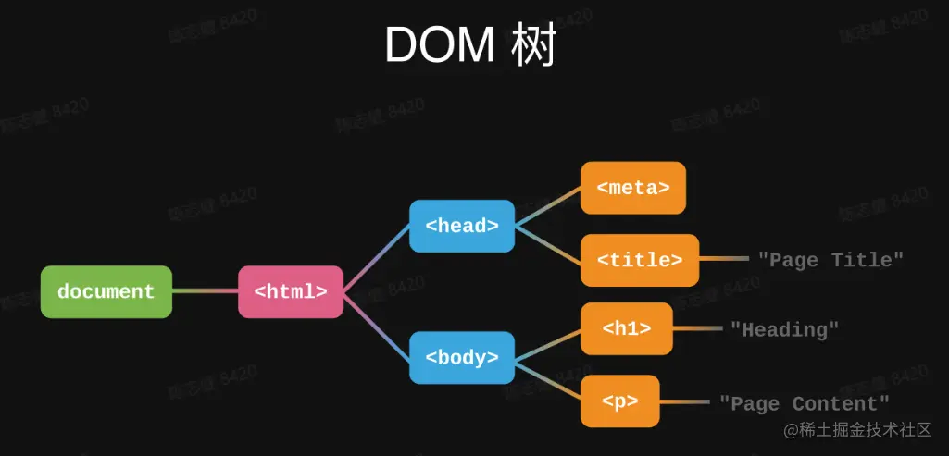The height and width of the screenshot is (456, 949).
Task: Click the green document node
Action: point(106,291)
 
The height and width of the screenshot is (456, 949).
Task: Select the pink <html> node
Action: point(291,291)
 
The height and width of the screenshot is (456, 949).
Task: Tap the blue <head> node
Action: point(462,226)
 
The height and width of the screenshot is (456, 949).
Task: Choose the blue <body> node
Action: point(462,357)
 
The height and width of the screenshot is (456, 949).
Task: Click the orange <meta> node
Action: point(633,188)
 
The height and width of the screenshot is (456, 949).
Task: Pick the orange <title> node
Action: point(640,260)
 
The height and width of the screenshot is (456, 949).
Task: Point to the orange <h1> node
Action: point(627,328)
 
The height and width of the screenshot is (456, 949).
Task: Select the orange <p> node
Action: point(620,401)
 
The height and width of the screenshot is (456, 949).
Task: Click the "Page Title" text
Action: point(830,260)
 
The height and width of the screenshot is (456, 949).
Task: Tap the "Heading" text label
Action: point(784,329)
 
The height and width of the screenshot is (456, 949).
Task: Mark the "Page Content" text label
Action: point(805,403)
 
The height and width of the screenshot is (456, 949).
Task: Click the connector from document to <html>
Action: point(205,291)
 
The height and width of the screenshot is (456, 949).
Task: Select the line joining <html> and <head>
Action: point(377,258)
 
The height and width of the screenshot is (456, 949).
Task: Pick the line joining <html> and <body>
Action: point(377,325)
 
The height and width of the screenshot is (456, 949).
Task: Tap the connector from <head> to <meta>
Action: point(547,206)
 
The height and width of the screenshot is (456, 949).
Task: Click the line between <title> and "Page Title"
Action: point(723,260)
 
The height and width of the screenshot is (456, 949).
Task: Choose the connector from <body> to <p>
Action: point(547,379)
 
